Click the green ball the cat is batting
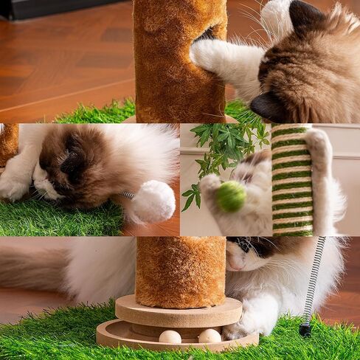coord(230,196)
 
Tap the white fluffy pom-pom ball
coord(153,201)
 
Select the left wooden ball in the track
coord(170,336)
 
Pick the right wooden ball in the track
coord(210,336)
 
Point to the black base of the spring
coord(305,330)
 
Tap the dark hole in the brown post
coord(207,34)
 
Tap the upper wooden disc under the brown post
coord(179,311)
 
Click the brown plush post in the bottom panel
coord(180,270)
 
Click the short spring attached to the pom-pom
coord(128,195)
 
